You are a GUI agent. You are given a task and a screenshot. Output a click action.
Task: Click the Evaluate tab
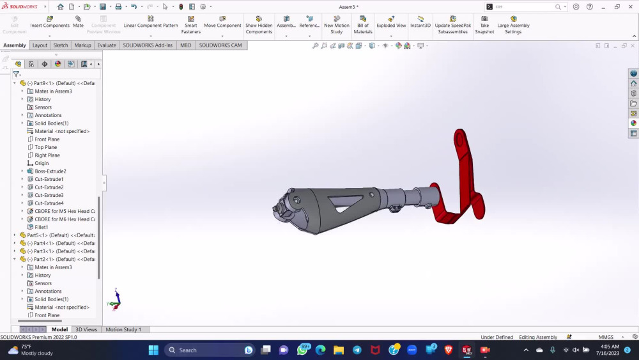coord(107,45)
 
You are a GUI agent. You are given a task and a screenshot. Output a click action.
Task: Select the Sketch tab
coord(61,45)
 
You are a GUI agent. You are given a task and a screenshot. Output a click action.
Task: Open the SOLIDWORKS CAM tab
coord(220,45)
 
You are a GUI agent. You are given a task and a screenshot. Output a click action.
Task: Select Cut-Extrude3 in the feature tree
coord(49,195)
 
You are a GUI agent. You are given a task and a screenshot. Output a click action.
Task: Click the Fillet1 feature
coord(42,227)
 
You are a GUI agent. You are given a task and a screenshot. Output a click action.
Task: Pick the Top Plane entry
coord(45,147)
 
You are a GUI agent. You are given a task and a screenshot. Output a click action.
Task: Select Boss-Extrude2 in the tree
coord(50,171)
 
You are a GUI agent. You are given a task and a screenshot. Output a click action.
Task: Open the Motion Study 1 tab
coord(123,329)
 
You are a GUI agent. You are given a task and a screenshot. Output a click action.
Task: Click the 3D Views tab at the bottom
coord(86,329)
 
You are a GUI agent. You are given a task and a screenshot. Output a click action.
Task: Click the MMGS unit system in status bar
coord(606,337)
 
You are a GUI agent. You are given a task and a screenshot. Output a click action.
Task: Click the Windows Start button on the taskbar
coord(153,350)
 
